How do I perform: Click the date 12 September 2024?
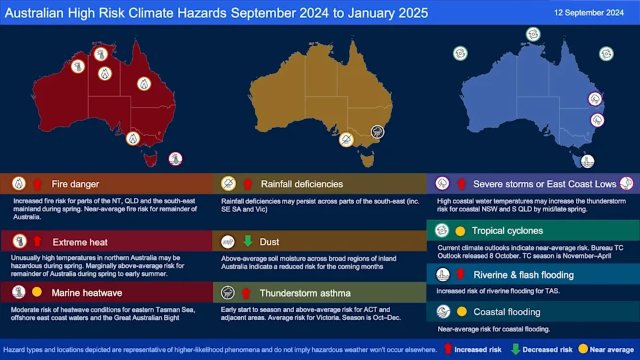589,12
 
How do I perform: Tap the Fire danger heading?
76,183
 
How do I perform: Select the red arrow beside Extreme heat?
37,241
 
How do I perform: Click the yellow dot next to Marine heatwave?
37,292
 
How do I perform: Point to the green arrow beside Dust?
247,241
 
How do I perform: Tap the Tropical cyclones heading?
507,231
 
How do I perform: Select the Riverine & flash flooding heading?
523,274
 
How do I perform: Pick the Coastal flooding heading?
507,311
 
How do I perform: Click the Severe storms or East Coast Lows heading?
545,183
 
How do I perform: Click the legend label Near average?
611,349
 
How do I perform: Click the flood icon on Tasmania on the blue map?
587,161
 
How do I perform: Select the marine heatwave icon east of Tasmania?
175,159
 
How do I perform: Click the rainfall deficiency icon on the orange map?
346,140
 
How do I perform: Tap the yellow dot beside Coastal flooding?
461,311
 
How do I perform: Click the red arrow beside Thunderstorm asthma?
247,292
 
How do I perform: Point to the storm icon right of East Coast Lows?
627,183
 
